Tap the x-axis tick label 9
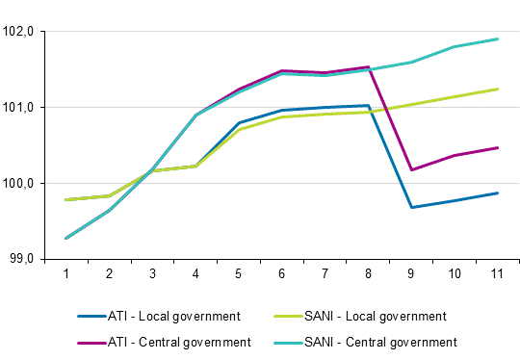point(410,274)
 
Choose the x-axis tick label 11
point(496,274)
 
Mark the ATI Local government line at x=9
point(411,207)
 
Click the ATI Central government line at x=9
point(411,169)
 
